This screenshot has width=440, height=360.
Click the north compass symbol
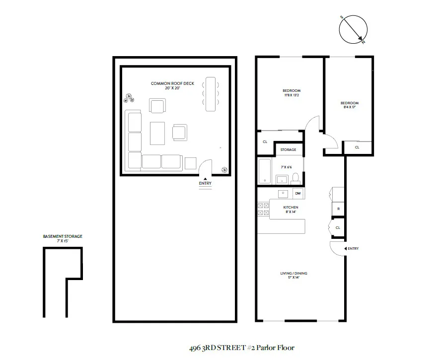353,30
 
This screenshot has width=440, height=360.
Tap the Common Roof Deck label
172,85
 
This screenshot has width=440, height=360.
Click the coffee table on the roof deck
157,133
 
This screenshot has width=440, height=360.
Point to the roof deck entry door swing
206,167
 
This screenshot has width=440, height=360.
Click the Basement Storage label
63,238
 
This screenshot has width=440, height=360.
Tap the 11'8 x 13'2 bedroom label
292,93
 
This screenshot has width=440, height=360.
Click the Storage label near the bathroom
288,149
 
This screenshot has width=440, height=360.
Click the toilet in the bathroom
295,178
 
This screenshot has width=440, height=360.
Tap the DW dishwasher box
298,193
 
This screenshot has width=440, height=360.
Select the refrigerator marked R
338,209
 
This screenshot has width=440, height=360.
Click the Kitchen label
291,209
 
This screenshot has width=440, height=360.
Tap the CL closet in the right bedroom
357,147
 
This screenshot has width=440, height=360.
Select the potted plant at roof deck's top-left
130,97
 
